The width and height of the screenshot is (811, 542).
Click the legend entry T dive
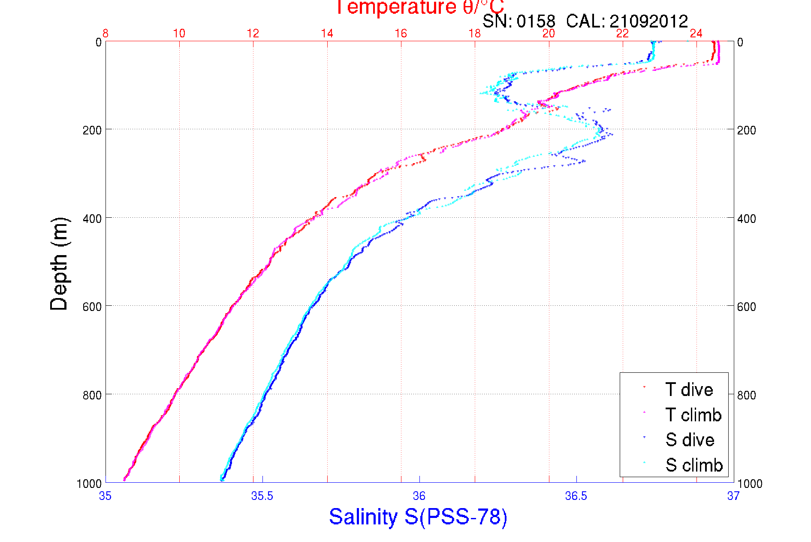(x=689, y=390)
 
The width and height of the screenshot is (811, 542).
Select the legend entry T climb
(x=693, y=415)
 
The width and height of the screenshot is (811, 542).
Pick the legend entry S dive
(x=690, y=440)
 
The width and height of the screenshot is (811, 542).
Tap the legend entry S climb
(x=694, y=465)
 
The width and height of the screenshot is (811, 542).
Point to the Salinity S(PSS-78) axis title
(x=418, y=517)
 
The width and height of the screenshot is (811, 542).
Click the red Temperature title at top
(x=419, y=7)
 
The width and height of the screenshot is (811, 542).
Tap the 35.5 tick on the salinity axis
(x=262, y=496)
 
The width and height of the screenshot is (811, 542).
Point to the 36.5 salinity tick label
(x=576, y=496)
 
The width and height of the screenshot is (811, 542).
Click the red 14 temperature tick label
(x=327, y=33)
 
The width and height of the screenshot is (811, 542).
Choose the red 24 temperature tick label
(x=696, y=33)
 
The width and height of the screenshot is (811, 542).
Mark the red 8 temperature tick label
(x=106, y=33)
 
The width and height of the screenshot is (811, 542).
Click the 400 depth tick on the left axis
(x=92, y=219)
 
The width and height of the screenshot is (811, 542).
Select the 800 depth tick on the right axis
(x=746, y=395)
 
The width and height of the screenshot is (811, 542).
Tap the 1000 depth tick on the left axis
(x=89, y=484)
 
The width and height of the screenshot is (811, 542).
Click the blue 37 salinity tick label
(x=733, y=496)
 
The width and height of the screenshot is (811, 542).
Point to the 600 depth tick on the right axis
(x=746, y=307)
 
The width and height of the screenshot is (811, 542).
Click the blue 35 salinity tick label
(x=105, y=496)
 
